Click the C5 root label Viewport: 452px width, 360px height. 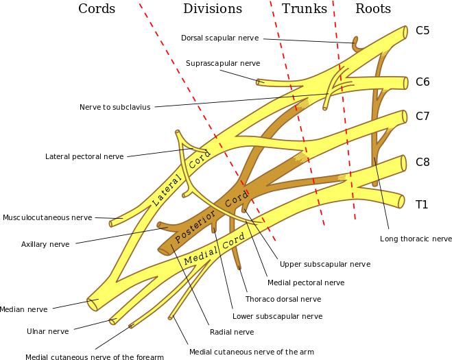[x=423, y=31]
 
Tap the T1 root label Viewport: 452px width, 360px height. [x=422, y=204]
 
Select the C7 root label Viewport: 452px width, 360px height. [x=423, y=117]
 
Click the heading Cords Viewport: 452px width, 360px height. [x=97, y=9]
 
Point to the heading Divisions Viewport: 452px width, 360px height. [x=212, y=9]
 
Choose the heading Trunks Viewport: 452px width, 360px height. [x=304, y=9]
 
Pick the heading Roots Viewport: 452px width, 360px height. [x=372, y=9]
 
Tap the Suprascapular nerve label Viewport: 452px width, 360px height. [x=223, y=63]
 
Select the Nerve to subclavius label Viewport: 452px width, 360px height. [x=115, y=107]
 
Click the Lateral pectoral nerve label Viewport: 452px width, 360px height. [x=84, y=156]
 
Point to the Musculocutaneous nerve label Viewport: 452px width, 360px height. [x=47, y=217]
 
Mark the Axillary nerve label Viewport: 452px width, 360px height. [x=45, y=244]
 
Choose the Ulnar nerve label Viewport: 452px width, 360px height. [x=48, y=331]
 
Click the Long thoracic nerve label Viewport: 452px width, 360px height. [x=416, y=239]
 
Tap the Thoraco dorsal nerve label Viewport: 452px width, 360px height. [x=283, y=299]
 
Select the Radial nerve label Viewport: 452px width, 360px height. [x=231, y=332]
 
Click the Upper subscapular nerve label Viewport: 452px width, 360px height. [x=325, y=264]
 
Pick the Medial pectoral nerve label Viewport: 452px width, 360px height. [x=306, y=282]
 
